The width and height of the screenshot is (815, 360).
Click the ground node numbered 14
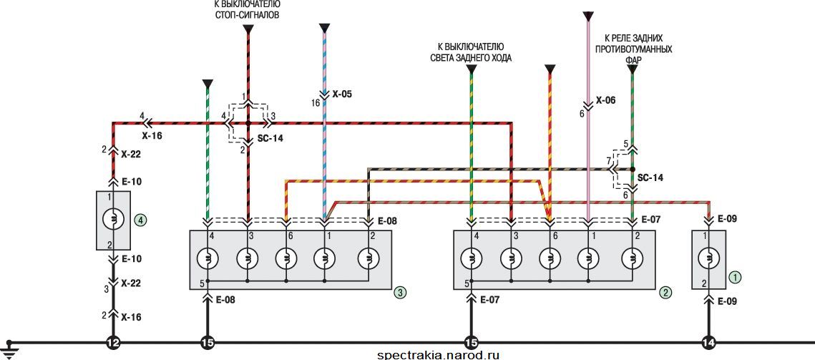coord(708,343)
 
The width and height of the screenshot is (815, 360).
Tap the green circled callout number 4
coord(140,220)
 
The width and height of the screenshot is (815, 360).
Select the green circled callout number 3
coord(400,293)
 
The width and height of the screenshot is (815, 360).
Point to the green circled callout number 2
coord(665,293)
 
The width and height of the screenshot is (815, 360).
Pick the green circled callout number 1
coord(734,277)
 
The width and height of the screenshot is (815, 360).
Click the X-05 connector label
coord(341,95)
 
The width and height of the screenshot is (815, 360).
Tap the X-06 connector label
coord(605,100)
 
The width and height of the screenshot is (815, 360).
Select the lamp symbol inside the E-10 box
coord(113,220)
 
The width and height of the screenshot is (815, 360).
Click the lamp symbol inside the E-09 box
coord(708,258)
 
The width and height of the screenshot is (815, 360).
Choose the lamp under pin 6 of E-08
coord(286,258)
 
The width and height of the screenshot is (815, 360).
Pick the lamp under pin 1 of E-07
coord(588,258)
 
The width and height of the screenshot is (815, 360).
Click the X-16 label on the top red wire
coord(152,135)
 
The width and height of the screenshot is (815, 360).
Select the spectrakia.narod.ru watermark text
coord(438,355)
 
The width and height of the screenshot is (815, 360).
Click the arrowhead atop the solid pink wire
coord(588,16)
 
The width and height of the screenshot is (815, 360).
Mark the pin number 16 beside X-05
coord(316,103)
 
